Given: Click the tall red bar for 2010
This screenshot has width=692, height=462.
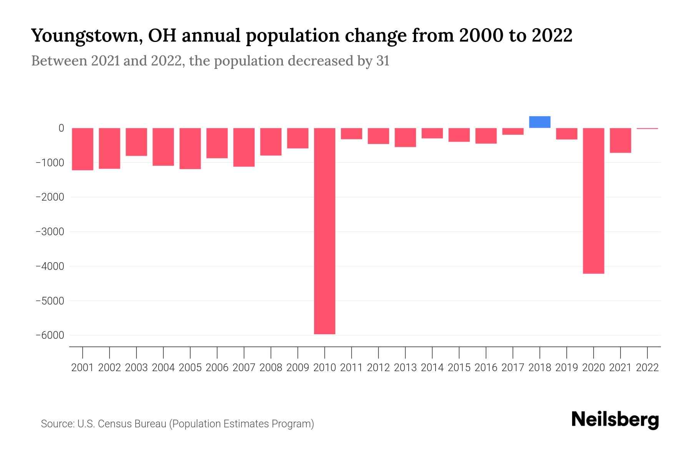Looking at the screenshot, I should tap(324, 231).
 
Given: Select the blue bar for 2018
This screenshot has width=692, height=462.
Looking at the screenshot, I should tap(540, 122).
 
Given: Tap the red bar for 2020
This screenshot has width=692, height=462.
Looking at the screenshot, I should tap(594, 201).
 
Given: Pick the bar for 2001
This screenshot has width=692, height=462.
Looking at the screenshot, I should tap(83, 149).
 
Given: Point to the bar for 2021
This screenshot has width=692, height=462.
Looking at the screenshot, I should tap(620, 141).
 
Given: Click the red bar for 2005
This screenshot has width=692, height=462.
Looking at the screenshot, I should tap(190, 149).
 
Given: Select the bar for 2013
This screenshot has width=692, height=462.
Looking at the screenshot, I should tap(405, 137).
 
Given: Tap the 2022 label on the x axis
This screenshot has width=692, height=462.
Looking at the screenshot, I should tap(647, 368).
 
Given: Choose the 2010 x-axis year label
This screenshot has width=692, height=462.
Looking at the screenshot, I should tap(324, 368).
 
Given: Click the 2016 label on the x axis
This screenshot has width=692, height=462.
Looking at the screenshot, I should tap(486, 368).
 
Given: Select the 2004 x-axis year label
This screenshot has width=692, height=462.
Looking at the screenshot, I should tap(163, 368).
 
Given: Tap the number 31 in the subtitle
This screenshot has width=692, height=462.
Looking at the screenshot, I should tap(383, 61).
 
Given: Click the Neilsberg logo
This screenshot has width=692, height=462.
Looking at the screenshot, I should tap(615, 420).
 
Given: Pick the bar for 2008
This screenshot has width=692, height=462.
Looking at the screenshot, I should tap(271, 142).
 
